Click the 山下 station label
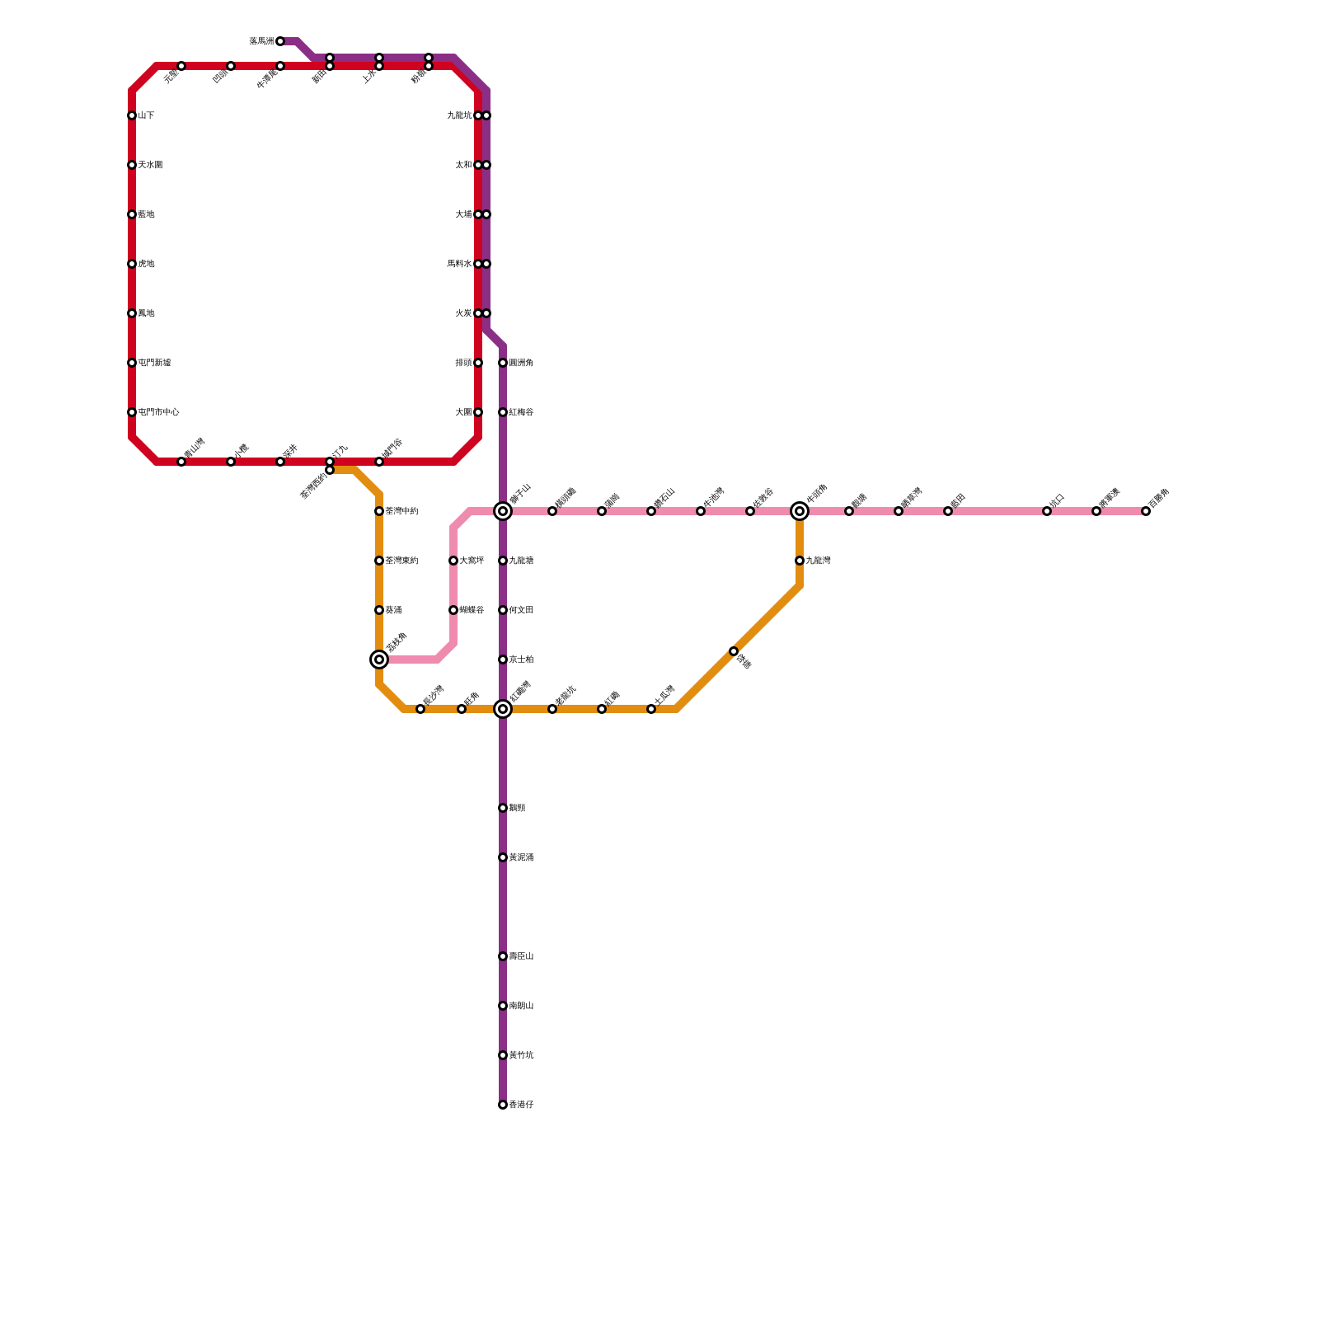[x=146, y=115]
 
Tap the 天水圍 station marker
[x=132, y=165]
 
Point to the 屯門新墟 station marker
[x=132, y=363]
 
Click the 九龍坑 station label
[x=459, y=115]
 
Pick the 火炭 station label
[x=463, y=313]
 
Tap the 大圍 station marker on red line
[x=478, y=412]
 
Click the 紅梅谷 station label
[x=521, y=412]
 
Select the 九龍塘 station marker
[x=503, y=561]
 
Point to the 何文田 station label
[x=521, y=610]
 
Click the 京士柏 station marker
[x=503, y=659]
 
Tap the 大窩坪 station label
[x=472, y=561]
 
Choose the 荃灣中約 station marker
[x=379, y=511]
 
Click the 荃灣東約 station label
[x=401, y=561]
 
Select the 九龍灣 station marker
[x=800, y=561]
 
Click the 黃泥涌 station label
[x=521, y=857]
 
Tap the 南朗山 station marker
[x=503, y=1006]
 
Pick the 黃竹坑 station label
[x=521, y=1055]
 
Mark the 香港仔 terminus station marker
[x=503, y=1105]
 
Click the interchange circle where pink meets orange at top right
[x=800, y=511]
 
